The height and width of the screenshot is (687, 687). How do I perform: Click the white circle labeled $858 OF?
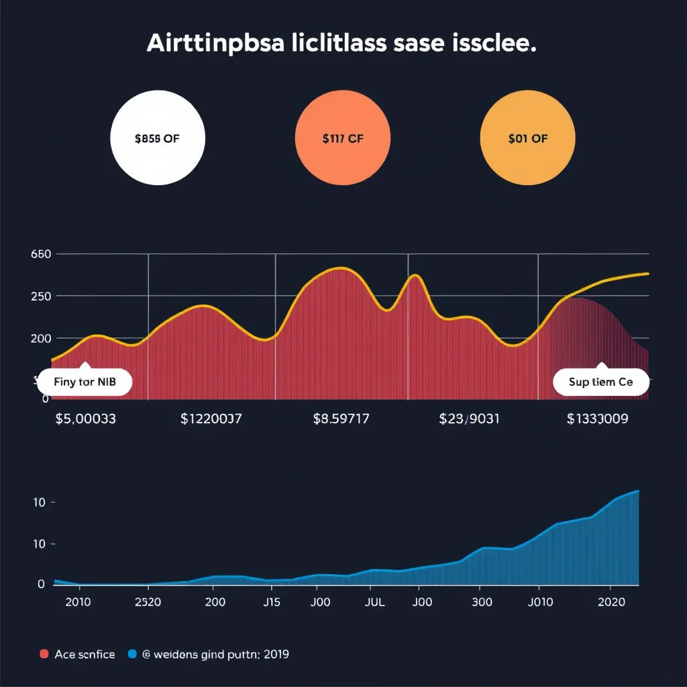point(158,139)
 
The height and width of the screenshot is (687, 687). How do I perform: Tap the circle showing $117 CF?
point(342,139)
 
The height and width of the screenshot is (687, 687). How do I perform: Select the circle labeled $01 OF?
point(528,139)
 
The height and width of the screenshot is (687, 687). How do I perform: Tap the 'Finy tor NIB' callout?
point(85,383)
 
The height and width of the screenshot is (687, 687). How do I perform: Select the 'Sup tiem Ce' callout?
point(601,383)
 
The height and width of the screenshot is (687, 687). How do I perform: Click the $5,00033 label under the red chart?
point(85,419)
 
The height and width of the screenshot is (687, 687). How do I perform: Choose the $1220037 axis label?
point(211,419)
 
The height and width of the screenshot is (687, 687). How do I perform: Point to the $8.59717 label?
point(341,419)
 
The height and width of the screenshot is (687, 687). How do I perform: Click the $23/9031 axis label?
point(468,419)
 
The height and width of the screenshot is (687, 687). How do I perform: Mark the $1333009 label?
point(597,419)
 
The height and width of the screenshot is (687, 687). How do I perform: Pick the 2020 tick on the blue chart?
point(611,602)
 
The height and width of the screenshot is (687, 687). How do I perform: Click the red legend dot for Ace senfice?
point(44,654)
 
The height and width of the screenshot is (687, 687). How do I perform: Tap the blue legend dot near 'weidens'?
point(131,654)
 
